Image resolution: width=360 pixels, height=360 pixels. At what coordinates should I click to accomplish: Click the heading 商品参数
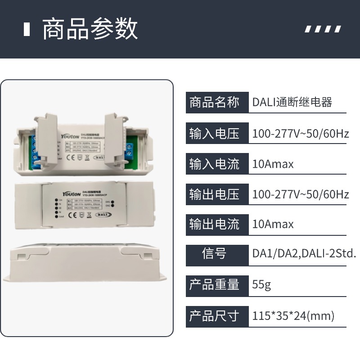click(90, 29)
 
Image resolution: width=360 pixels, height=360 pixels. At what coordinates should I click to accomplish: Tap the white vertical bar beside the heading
click(27, 29)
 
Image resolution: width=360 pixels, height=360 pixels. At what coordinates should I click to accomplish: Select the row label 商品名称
click(214, 103)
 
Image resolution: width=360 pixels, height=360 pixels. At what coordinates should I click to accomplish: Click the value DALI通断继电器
click(292, 103)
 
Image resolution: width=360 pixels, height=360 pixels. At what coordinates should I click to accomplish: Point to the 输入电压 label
click(214, 134)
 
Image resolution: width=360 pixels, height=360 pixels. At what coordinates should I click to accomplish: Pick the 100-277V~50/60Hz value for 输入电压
click(300, 134)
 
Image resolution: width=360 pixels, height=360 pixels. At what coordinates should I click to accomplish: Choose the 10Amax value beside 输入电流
click(273, 164)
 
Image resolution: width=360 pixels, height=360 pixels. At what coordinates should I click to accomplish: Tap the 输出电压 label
click(214, 194)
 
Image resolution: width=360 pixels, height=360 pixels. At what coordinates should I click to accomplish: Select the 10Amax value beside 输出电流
click(273, 224)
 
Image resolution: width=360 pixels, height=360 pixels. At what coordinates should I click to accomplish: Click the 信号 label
click(214, 254)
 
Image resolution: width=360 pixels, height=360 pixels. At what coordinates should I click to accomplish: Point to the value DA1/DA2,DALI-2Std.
click(304, 254)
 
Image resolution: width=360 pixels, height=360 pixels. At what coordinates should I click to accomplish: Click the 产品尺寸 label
click(214, 315)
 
